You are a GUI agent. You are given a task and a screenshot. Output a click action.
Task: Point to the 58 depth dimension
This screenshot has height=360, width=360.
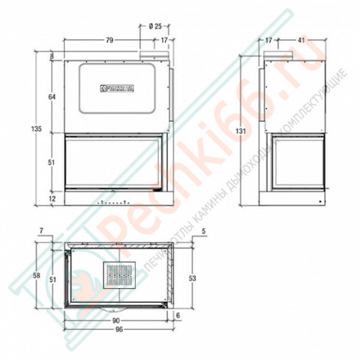click(36, 276)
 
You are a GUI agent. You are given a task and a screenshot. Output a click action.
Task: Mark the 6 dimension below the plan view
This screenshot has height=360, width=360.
click(177, 317)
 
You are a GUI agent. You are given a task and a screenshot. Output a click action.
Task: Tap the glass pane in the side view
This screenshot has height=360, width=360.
click(298, 165)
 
